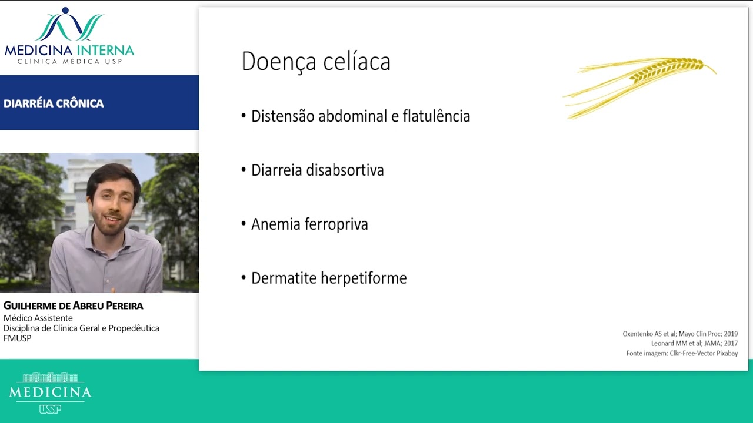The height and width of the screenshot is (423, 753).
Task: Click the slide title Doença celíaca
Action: [x=316, y=62]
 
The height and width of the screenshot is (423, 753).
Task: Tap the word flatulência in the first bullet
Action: [x=436, y=116]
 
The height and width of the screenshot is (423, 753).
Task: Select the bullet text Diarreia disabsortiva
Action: [x=317, y=170]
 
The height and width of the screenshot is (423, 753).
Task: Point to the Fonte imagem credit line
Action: [x=682, y=353]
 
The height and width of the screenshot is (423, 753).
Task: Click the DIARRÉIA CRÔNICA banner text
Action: [x=54, y=103]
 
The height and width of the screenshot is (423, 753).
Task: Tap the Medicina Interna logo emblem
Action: [x=69, y=25]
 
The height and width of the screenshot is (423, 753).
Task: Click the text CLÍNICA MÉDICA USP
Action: [x=69, y=61]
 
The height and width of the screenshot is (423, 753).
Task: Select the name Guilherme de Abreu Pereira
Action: [x=74, y=306]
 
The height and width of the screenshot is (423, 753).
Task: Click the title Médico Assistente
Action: [x=38, y=318]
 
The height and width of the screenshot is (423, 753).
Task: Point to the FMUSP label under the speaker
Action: [x=18, y=338]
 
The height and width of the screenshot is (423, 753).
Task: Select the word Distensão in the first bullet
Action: [x=283, y=116]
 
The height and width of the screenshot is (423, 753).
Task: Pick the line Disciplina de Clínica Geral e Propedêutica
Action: [x=81, y=328]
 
